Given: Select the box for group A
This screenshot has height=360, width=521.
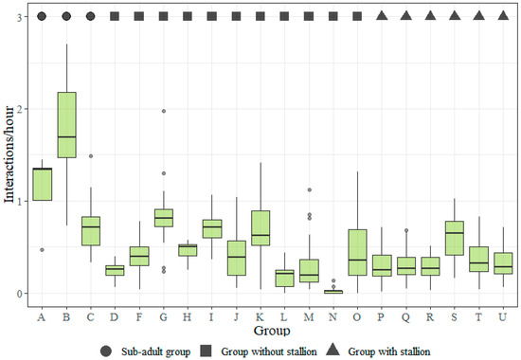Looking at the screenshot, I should (43, 184).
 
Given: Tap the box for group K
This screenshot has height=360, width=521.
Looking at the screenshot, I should (260, 227).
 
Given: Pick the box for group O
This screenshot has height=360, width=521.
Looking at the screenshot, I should (357, 252).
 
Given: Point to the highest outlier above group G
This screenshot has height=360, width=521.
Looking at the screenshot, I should (163, 111).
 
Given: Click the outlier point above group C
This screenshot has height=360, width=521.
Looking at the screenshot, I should (91, 156).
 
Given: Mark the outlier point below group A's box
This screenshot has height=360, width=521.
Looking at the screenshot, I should (43, 250).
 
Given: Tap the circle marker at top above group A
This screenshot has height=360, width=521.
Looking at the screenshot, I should (43, 16).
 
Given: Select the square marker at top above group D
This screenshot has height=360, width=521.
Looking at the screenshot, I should (115, 16).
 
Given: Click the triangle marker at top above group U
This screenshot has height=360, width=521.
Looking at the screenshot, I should (502, 16).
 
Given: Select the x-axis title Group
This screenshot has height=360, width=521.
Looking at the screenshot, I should (272, 332).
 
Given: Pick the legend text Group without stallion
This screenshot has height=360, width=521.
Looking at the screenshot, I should (262, 351).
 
